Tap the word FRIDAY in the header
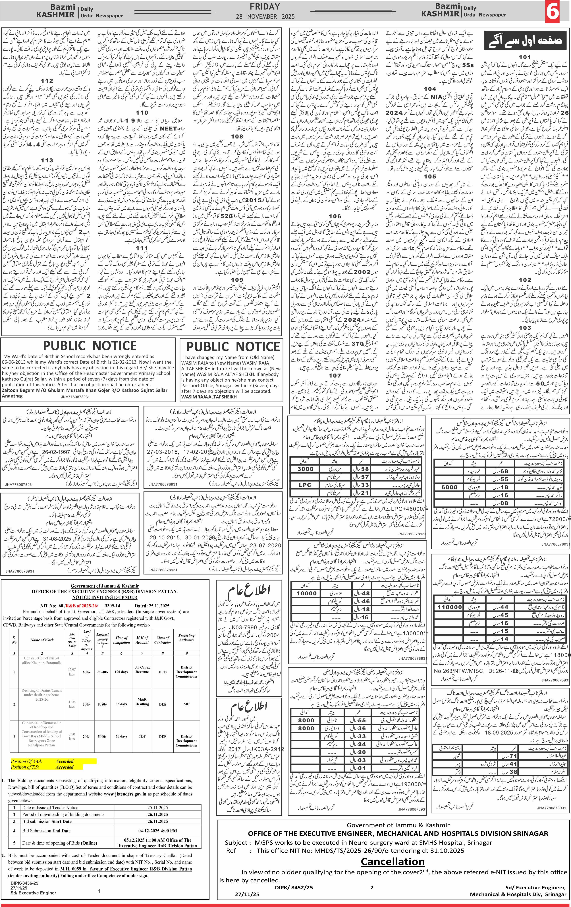[x=265, y=6]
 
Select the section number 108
[x=237, y=136]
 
